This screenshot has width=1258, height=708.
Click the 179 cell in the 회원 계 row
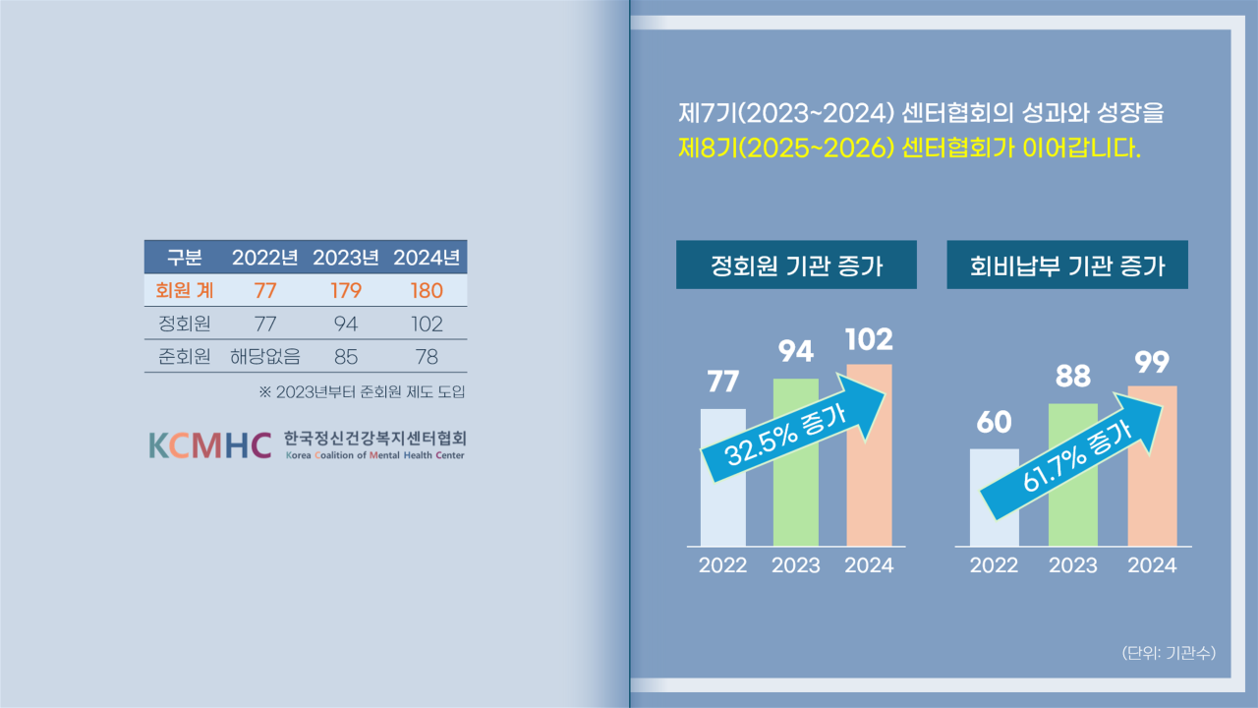click(x=345, y=290)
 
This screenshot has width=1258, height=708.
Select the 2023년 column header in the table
click(x=345, y=258)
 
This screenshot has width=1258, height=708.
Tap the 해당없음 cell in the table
click(x=265, y=356)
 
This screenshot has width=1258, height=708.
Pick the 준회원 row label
click(x=184, y=356)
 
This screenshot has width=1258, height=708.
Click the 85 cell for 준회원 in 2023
click(x=345, y=357)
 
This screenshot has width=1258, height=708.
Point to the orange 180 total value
click(x=427, y=290)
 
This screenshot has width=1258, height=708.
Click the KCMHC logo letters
click(x=210, y=445)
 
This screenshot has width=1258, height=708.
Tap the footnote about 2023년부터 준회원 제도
click(x=363, y=391)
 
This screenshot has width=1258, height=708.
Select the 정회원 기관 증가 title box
click(x=796, y=265)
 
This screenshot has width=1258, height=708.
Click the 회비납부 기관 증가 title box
click(x=1067, y=265)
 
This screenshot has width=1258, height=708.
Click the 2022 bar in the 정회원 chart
click(x=722, y=477)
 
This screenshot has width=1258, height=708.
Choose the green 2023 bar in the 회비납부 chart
click(x=1072, y=474)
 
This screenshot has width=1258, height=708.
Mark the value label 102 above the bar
click(x=869, y=340)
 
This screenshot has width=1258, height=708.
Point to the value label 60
click(x=994, y=422)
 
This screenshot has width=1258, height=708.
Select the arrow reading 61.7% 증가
click(x=1071, y=455)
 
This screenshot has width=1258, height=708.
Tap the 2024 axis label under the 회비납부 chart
click(x=1152, y=565)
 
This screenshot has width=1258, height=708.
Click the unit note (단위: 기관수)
click(x=1169, y=652)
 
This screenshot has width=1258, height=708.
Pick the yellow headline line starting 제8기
click(x=910, y=148)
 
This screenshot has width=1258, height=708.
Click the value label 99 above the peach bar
click(x=1152, y=363)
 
